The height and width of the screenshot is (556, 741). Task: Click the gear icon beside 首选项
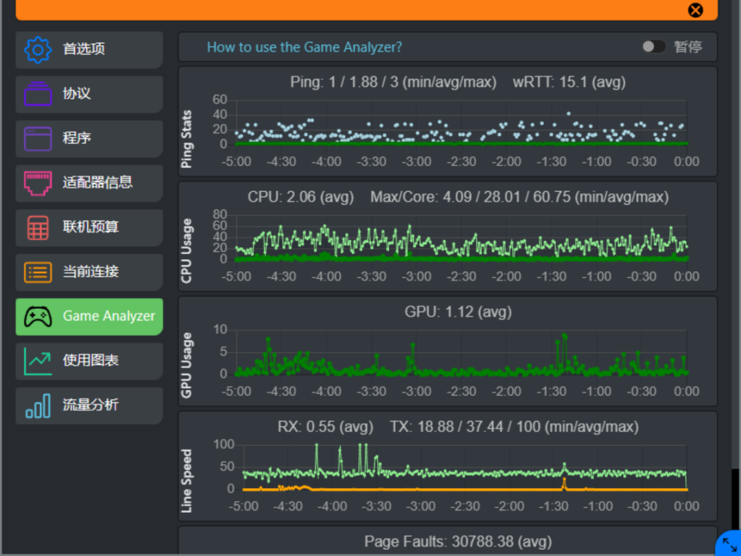38,49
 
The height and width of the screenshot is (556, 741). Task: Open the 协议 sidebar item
89,94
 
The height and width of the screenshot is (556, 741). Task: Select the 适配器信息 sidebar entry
89,183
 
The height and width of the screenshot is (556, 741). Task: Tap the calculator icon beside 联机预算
38,227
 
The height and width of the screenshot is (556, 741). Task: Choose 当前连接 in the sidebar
89,272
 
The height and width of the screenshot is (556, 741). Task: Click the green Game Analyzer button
89,316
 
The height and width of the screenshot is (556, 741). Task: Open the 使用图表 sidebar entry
89,361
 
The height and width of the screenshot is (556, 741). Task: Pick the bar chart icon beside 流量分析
38,406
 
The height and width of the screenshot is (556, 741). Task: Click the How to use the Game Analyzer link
305,47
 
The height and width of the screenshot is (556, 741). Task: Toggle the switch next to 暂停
654,47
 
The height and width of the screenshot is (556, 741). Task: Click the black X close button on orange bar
695,10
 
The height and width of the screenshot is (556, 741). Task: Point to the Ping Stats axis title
187,139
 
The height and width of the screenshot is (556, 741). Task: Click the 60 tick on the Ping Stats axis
220,100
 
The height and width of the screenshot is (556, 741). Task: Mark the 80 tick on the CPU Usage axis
220,215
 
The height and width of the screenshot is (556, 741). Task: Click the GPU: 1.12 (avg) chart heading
458,312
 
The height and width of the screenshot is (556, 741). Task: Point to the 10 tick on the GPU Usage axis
221,329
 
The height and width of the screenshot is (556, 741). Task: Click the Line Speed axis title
187,480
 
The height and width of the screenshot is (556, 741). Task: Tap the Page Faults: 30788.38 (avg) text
458,542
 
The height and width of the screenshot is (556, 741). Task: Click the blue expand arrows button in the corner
729,544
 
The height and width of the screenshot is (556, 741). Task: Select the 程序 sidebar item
89,139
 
